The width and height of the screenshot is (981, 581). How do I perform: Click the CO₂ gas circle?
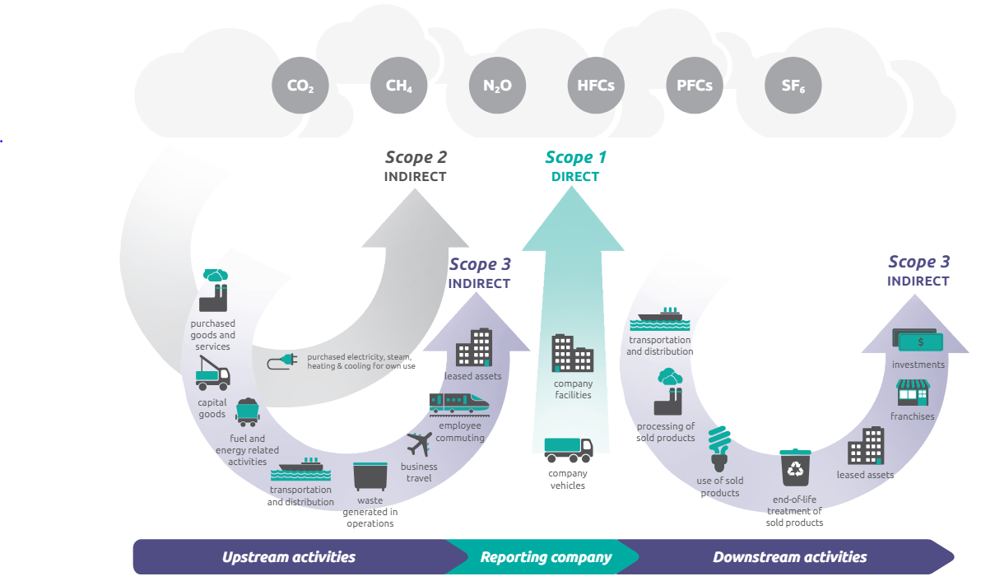(x=300, y=85)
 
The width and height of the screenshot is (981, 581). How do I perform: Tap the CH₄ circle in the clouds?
(x=399, y=85)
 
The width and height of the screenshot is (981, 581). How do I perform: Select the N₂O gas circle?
(x=498, y=85)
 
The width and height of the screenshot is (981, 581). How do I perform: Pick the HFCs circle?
(x=596, y=85)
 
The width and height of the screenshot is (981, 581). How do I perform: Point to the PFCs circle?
(x=695, y=85)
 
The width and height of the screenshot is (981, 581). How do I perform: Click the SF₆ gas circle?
(x=793, y=85)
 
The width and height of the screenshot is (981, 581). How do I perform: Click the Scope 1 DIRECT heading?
(x=575, y=165)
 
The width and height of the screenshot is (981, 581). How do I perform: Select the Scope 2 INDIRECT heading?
(x=416, y=165)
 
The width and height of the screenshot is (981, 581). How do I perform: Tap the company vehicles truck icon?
(x=568, y=449)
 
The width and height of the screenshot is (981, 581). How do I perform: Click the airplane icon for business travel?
(x=420, y=444)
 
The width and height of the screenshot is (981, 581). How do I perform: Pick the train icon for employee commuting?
(x=458, y=403)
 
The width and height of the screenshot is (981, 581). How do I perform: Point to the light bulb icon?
(x=720, y=449)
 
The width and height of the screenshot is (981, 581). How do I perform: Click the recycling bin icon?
(x=796, y=467)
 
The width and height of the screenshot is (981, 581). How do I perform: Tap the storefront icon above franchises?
(x=912, y=393)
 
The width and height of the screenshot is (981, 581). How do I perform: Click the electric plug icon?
(x=282, y=360)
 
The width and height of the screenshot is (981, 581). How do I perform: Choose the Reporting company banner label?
(x=546, y=557)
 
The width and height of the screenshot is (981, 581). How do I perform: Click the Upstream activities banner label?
(x=289, y=557)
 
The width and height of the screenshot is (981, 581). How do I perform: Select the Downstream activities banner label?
(x=789, y=557)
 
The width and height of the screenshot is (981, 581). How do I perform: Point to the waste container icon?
(x=370, y=476)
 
